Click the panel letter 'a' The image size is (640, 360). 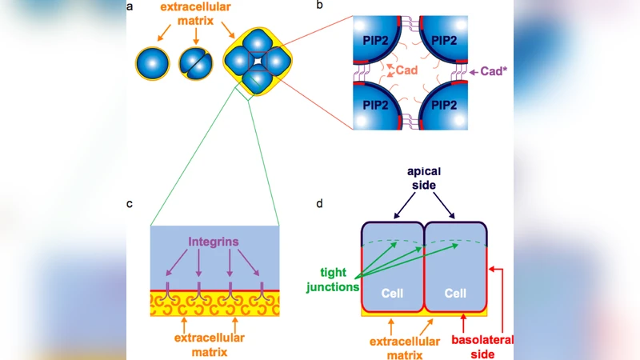[x=130, y=7]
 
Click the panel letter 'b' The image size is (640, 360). [x=320, y=6]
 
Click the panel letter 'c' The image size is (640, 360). [x=130, y=203]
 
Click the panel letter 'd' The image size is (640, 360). [x=320, y=203]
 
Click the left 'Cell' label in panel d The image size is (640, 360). [x=391, y=294]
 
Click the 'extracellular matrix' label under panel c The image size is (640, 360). [x=214, y=344]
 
